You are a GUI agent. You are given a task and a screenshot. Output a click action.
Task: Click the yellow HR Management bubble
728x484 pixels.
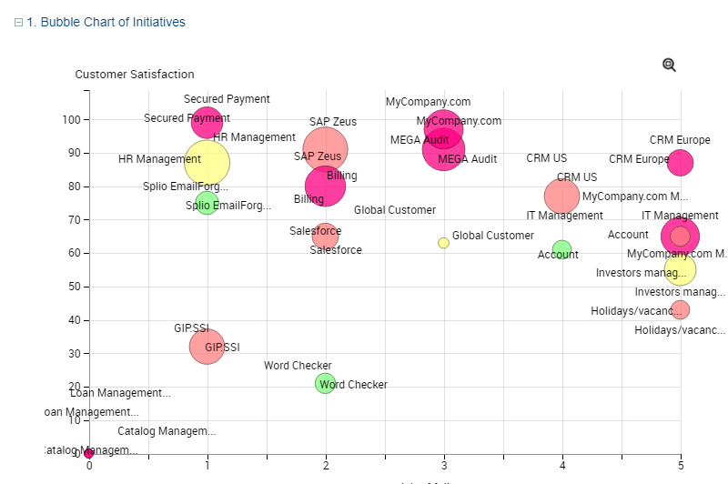tap(207, 163)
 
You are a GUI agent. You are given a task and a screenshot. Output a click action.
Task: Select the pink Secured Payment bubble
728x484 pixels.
tap(207, 122)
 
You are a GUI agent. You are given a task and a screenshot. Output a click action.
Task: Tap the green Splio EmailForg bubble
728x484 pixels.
tap(207, 203)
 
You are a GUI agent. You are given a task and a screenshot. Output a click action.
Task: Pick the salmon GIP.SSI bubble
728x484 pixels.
tap(207, 346)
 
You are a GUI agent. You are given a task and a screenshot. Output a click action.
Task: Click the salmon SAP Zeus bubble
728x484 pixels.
tap(326, 149)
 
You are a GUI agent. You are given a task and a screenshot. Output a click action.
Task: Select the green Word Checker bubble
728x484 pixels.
tap(325, 383)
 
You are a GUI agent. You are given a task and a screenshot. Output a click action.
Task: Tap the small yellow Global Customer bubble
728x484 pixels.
tap(443, 243)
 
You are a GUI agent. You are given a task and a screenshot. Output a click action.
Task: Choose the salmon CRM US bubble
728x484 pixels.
tap(561, 196)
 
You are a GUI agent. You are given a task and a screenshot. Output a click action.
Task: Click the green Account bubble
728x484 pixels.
tap(561, 249)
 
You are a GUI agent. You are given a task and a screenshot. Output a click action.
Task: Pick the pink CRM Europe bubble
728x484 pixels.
tap(680, 163)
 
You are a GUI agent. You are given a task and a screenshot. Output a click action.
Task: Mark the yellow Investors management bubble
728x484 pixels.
tap(680, 269)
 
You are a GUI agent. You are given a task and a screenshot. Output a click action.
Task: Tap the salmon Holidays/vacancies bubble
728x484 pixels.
tap(680, 309)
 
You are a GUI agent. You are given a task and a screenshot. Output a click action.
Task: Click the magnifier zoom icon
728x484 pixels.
tap(669, 65)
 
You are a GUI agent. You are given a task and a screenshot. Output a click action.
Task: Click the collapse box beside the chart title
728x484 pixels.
tap(18, 22)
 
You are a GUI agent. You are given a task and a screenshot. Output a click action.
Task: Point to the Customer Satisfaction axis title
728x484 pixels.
tap(135, 75)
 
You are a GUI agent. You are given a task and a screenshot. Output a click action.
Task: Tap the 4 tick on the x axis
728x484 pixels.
tap(562, 466)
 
